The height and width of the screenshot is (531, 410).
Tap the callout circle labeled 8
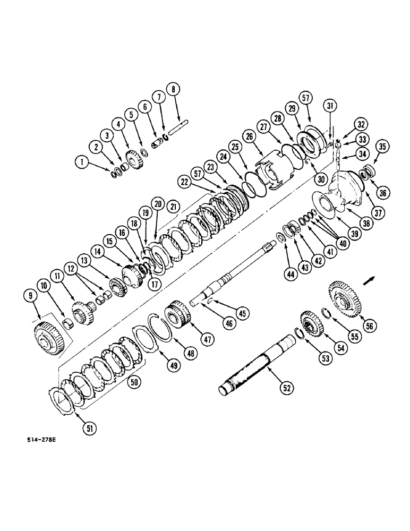tap(172, 89)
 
